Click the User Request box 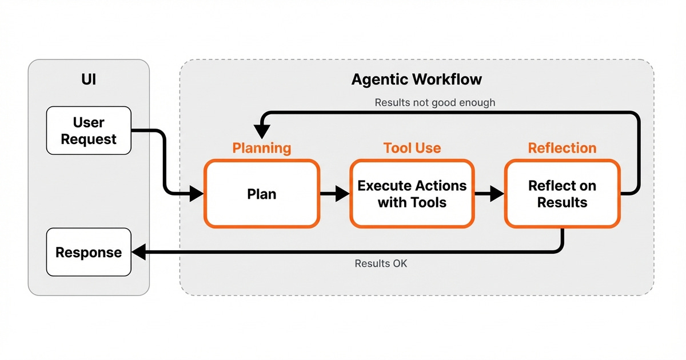(89, 131)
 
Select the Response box (89, 252)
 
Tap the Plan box (262, 194)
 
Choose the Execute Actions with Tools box (412, 194)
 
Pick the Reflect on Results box (562, 194)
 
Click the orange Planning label (262, 148)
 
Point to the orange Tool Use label (412, 148)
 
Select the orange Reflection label (562, 148)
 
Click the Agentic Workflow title (416, 79)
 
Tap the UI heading (89, 79)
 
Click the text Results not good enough (434, 103)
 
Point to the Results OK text (381, 263)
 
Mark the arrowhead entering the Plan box (196, 194)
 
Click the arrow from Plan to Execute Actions (335, 194)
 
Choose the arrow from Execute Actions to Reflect (489, 194)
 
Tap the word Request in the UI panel (89, 139)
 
